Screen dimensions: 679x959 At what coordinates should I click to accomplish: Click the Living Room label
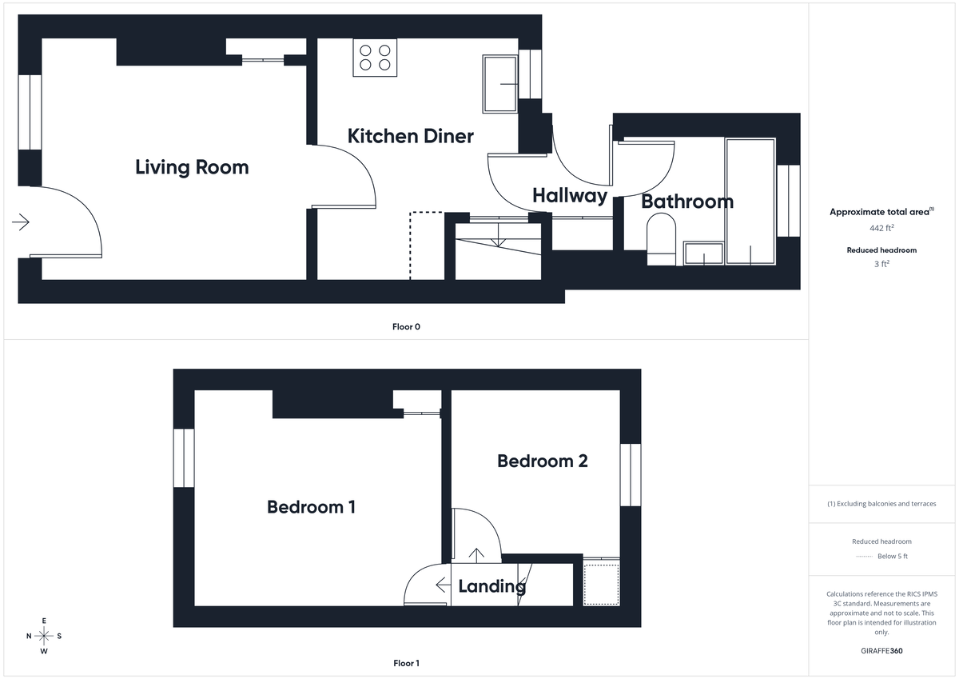[192, 167]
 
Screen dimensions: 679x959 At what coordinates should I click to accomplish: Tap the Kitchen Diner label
[410, 136]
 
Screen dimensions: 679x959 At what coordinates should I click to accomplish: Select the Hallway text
[570, 195]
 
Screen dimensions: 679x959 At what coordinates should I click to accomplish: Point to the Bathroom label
[687, 202]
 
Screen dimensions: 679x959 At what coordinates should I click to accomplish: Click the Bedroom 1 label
[311, 507]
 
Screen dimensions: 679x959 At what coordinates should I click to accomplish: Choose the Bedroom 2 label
[543, 461]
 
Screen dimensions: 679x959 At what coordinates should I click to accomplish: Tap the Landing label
[491, 586]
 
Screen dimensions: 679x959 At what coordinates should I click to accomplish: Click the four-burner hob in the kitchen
[376, 58]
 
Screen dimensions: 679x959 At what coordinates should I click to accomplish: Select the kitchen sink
[501, 84]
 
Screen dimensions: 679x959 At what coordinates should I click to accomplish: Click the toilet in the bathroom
[661, 243]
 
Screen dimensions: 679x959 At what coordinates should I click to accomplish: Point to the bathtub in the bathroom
[750, 201]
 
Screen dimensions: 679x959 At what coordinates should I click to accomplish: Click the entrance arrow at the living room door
[21, 222]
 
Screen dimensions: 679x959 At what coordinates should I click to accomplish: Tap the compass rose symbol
[44, 636]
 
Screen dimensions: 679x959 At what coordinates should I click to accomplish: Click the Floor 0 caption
[406, 326]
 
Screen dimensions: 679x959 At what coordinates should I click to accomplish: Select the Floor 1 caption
[406, 663]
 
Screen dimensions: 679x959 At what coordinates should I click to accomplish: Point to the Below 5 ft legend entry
[883, 556]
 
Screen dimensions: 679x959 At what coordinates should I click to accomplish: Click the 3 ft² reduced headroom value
[883, 263]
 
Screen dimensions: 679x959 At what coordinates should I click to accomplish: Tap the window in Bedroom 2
[631, 474]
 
